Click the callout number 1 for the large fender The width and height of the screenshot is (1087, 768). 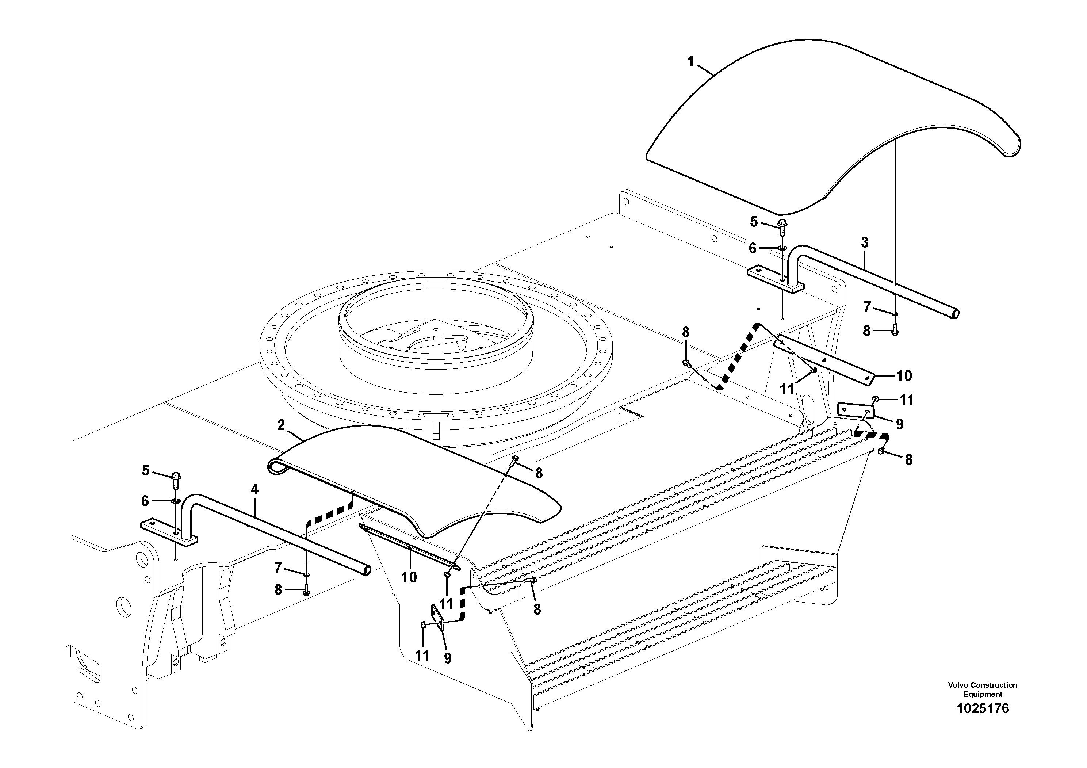(x=691, y=62)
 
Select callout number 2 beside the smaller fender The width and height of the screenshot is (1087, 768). (x=281, y=425)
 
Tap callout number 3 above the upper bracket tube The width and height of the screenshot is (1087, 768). (x=865, y=243)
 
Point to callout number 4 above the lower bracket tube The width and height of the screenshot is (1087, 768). (x=255, y=490)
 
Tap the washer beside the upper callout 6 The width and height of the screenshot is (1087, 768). (x=782, y=248)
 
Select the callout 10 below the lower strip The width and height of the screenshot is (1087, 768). (x=409, y=577)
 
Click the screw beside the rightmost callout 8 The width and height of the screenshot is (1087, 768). (x=881, y=451)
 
